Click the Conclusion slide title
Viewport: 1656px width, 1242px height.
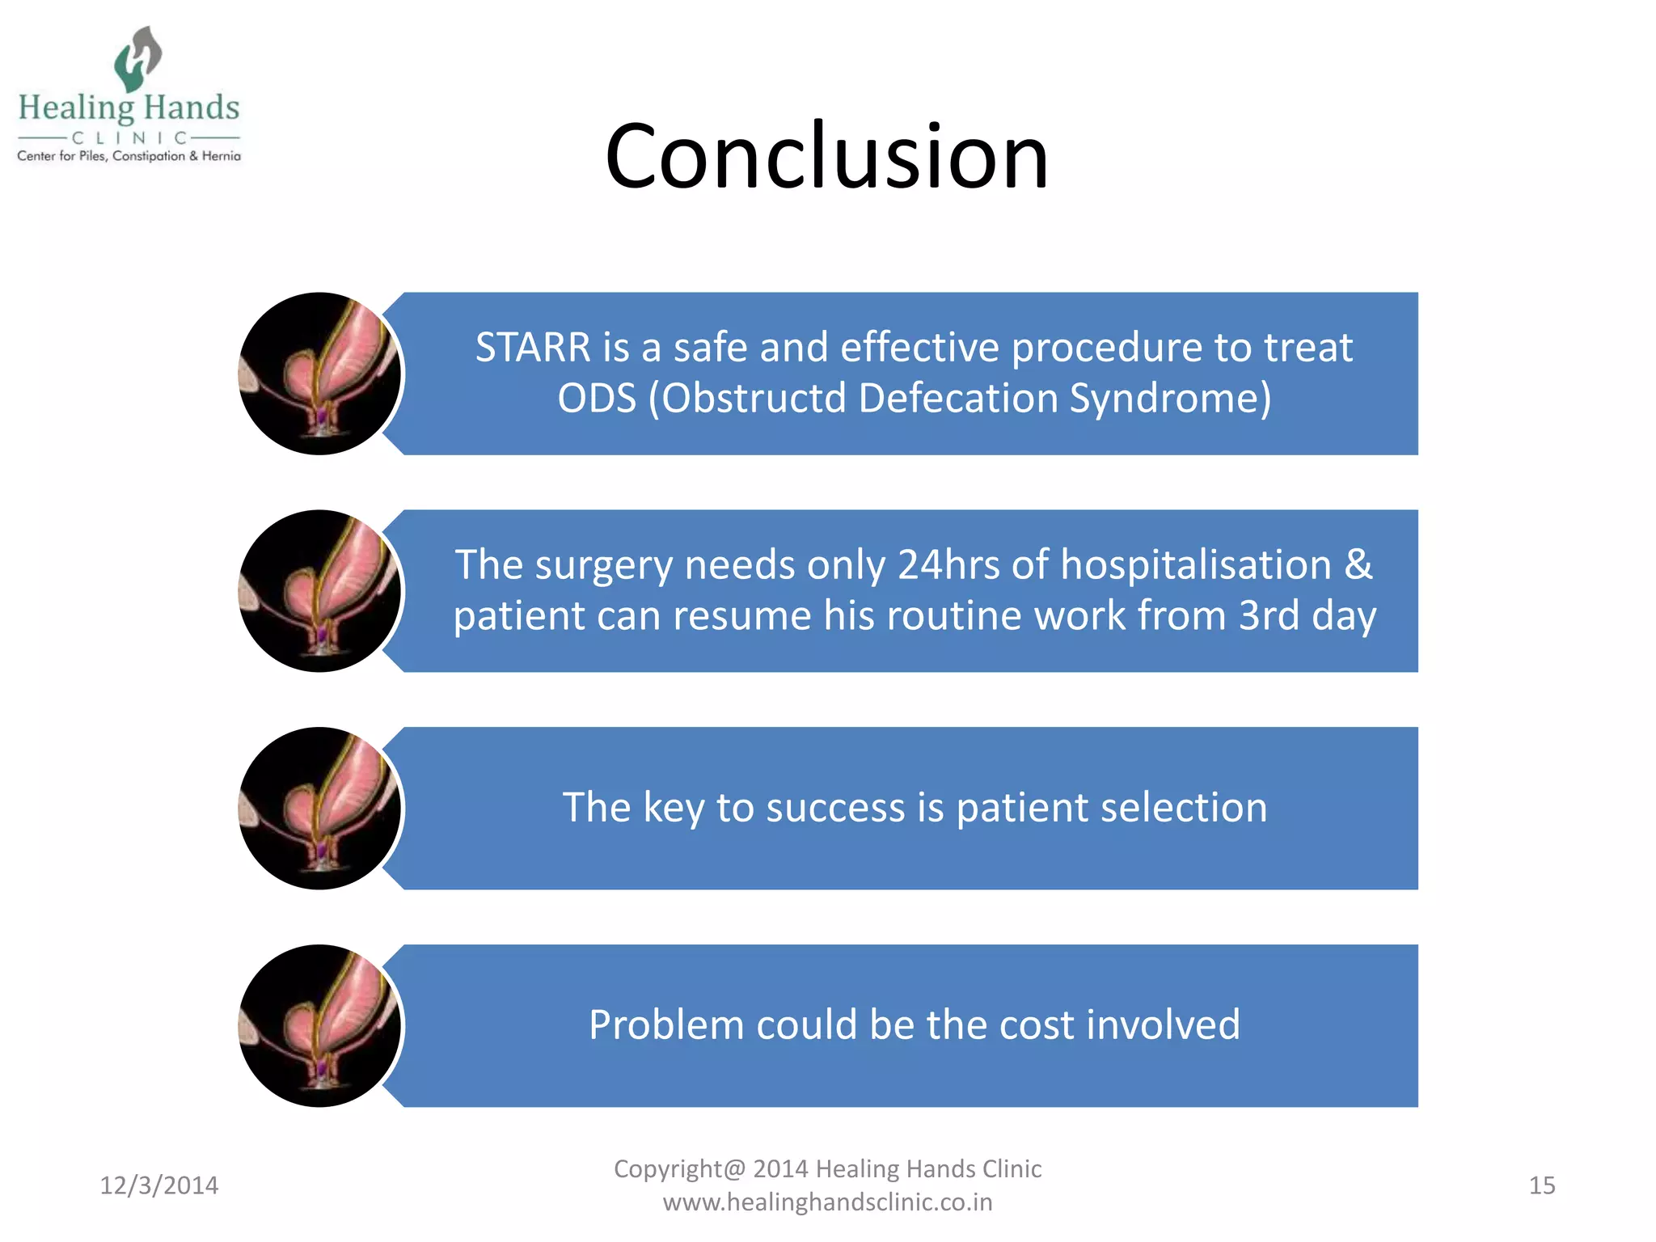coord(826,155)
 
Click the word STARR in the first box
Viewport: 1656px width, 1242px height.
coord(533,348)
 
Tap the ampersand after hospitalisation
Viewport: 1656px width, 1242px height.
coord(1358,564)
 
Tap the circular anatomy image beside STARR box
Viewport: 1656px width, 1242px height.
coord(320,374)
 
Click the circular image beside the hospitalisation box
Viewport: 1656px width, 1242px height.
coord(320,591)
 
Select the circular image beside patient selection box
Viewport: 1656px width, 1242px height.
coord(320,809)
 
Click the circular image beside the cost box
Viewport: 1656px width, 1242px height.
coord(320,1025)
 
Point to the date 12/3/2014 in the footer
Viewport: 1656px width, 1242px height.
coord(158,1185)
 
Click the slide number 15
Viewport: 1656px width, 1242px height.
coord(1541,1185)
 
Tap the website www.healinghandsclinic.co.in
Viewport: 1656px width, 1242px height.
coord(827,1202)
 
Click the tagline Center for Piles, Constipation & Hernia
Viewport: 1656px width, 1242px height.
coord(129,156)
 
